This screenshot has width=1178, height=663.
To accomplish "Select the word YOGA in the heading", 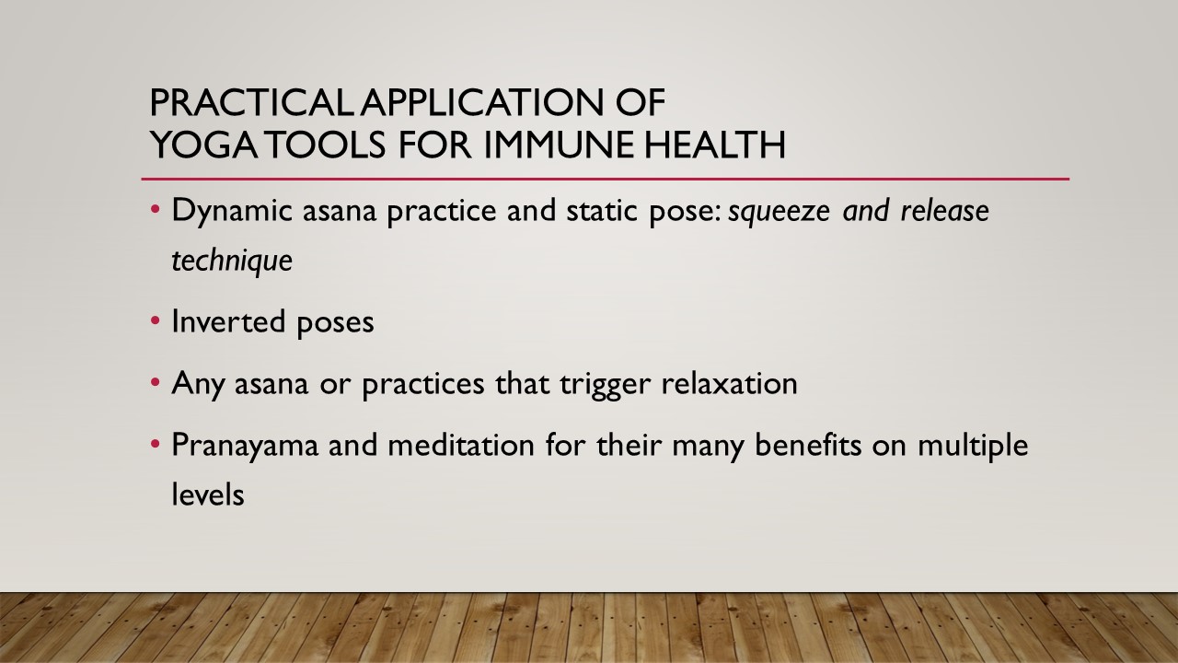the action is pos(203,145).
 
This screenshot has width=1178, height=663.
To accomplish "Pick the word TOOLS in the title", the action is pos(327,145).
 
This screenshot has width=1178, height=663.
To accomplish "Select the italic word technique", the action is pos(232,261).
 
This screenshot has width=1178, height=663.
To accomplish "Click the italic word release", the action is pos(944,211).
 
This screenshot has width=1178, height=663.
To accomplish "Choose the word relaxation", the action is pos(729,382).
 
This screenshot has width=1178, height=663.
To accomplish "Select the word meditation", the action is pos(461,444).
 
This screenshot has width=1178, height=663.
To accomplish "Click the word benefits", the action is pos(808,444).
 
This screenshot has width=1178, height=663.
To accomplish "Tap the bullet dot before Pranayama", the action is pos(155,444).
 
